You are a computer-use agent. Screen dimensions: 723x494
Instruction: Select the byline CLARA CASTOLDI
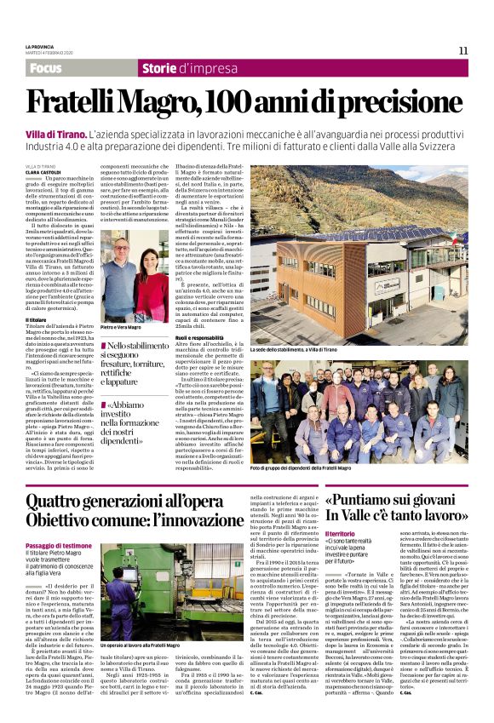pyautogui.click(x=43, y=172)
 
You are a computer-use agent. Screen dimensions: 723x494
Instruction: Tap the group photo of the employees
pyautogui.click(x=358, y=409)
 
